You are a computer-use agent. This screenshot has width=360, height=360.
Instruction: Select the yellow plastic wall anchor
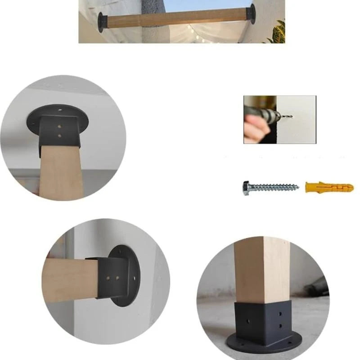pos(329,187)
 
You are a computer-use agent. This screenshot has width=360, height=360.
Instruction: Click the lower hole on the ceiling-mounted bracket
pos(60,135)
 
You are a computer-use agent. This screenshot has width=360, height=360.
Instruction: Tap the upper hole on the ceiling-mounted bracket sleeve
pos(60,126)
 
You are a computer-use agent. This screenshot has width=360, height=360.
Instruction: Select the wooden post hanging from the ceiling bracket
pos(61,171)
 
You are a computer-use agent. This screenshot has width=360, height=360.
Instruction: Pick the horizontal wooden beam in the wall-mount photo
pos(70,279)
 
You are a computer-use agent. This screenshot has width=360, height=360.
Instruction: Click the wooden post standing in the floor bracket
pos(261,270)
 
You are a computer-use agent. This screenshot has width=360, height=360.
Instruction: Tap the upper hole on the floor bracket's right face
pos(280,314)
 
